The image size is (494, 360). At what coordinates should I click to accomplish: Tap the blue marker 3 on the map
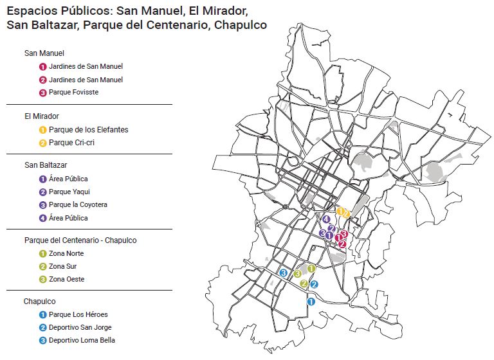(283, 273)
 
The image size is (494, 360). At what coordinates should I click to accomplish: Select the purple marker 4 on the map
(327, 219)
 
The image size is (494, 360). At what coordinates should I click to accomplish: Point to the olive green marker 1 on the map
(311, 268)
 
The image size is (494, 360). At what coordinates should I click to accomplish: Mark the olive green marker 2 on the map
(304, 283)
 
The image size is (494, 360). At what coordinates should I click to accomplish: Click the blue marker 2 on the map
(314, 284)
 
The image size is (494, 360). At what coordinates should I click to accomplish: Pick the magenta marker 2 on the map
(342, 244)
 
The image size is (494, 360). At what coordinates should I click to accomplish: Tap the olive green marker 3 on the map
(297, 274)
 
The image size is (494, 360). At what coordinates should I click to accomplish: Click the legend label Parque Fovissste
(73, 92)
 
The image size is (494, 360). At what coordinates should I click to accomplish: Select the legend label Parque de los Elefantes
(88, 129)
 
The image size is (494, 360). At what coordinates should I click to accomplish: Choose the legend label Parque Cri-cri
(71, 142)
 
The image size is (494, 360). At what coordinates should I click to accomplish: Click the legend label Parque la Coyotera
(78, 204)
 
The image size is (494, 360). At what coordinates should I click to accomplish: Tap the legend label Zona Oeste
(66, 279)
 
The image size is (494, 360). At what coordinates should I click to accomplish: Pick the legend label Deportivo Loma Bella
(82, 340)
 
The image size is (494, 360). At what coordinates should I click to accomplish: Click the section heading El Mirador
(41, 116)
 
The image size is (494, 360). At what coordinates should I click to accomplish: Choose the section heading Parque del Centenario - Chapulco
(80, 240)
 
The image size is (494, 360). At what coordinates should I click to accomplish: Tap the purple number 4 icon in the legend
(42, 217)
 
